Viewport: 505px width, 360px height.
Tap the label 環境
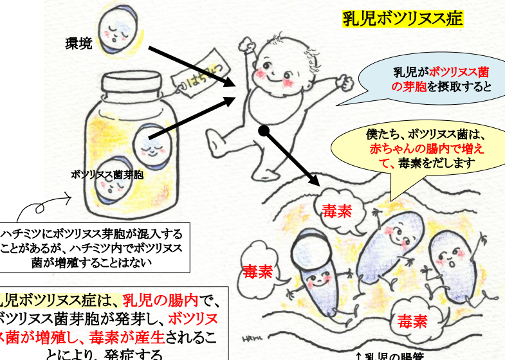(x=78, y=44)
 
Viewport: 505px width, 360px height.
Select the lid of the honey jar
(x=135, y=87)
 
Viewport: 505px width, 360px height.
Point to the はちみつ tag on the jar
(x=192, y=76)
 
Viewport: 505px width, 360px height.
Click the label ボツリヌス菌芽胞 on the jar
(x=107, y=174)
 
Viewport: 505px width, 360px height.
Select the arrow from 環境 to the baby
(x=190, y=66)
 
